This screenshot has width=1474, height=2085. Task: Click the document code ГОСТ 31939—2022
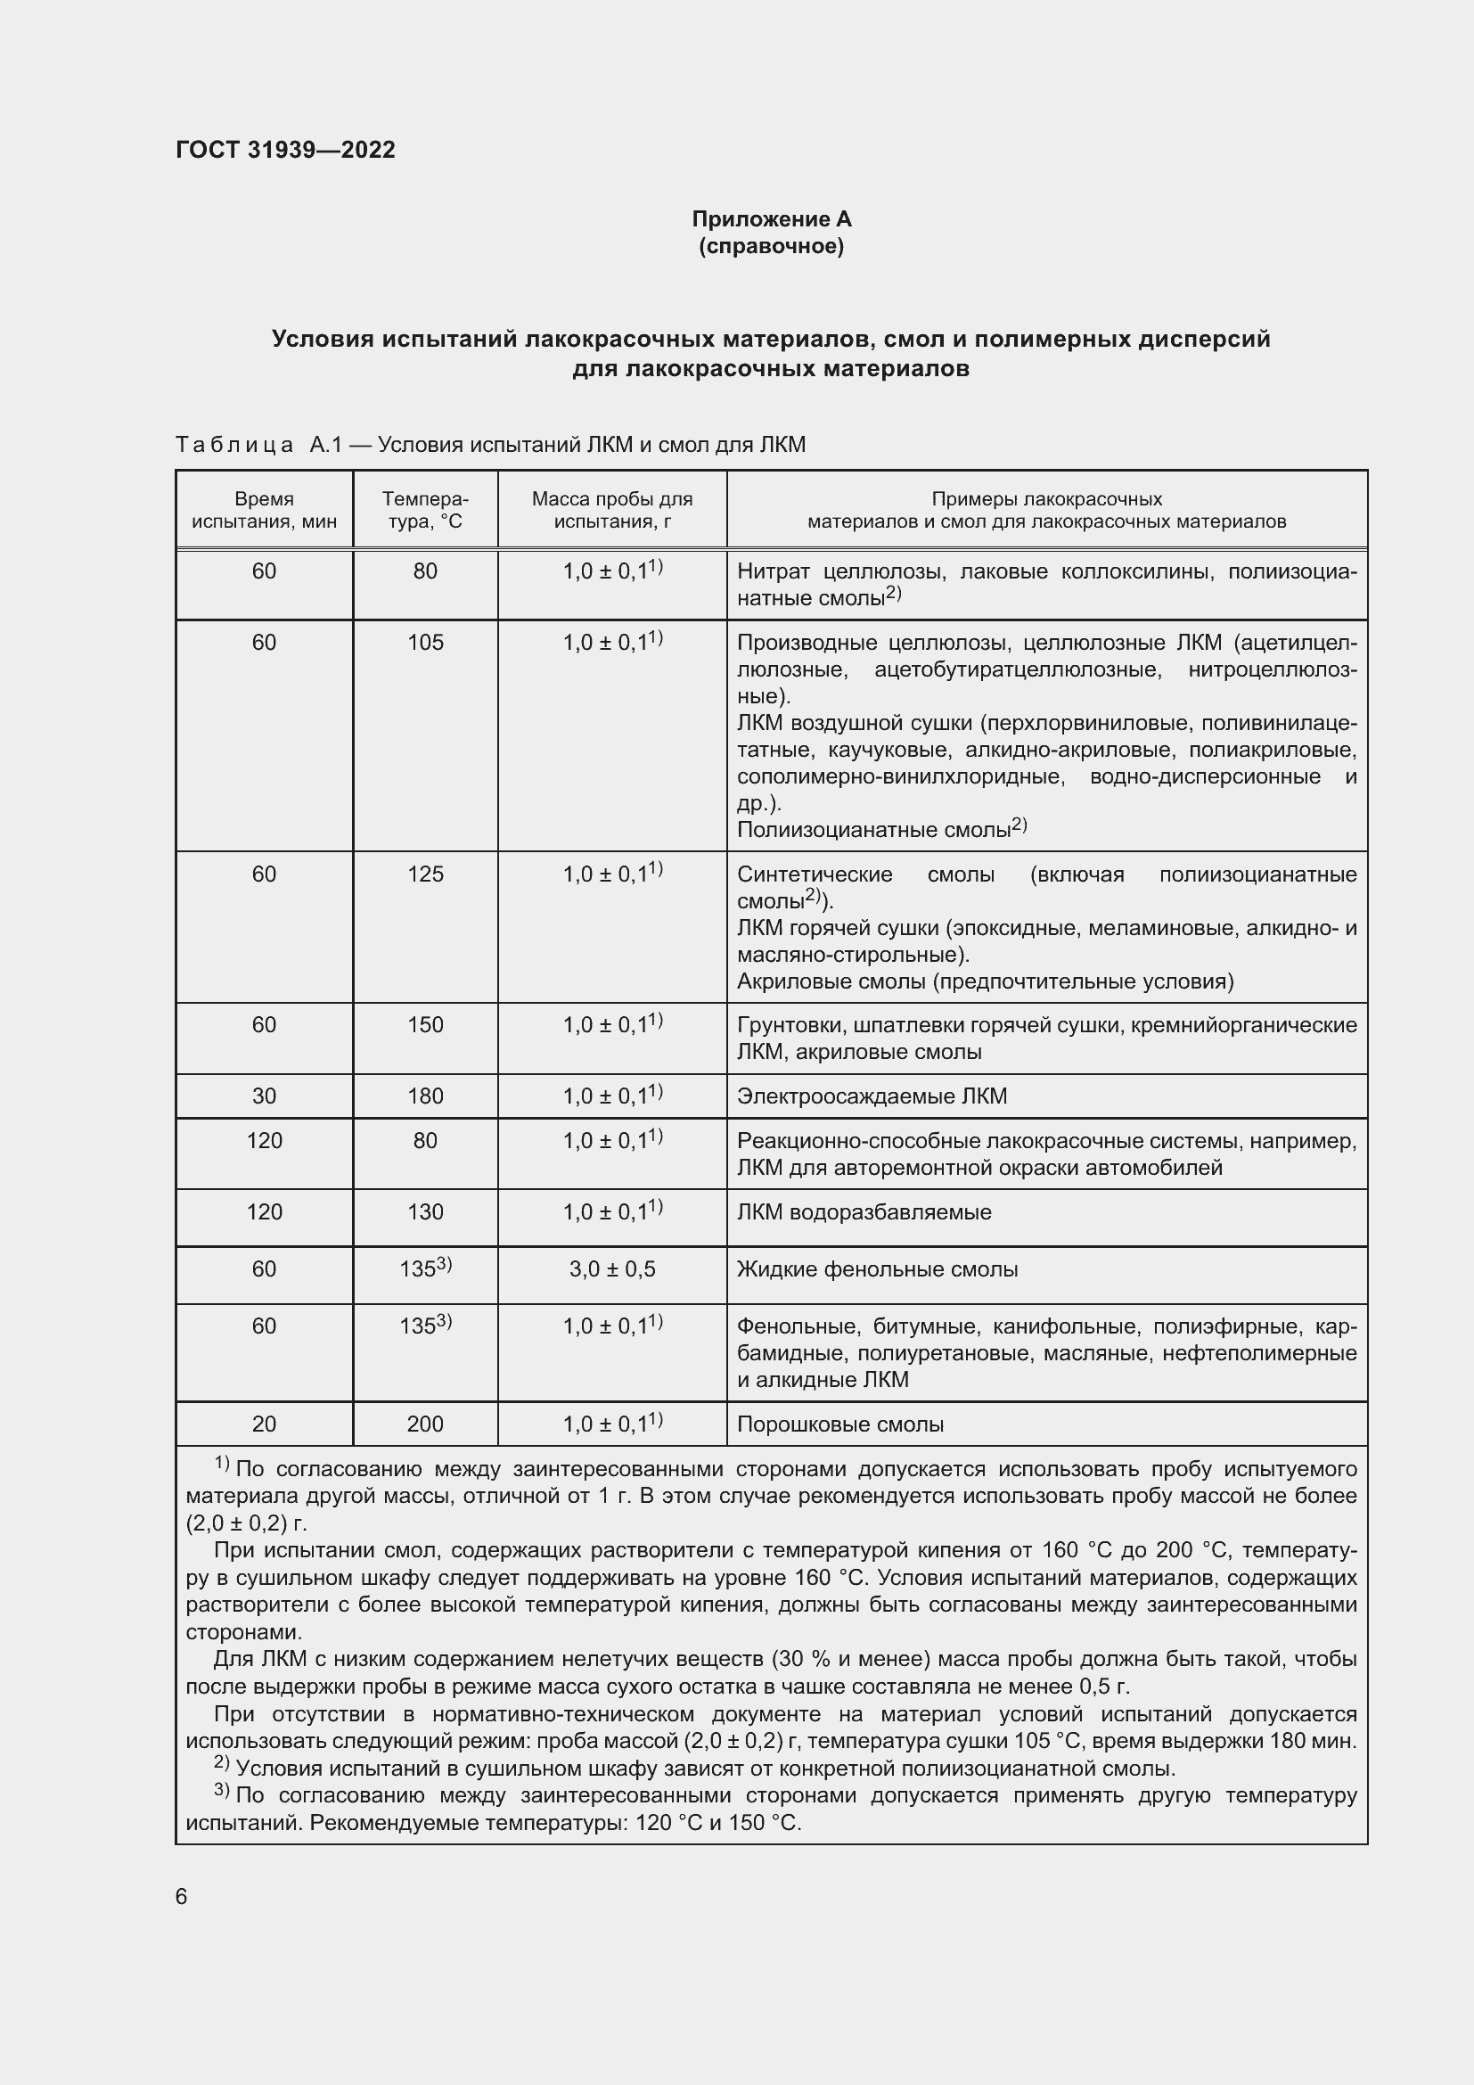pyautogui.click(x=285, y=150)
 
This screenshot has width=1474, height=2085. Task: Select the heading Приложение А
pyautogui.click(x=772, y=219)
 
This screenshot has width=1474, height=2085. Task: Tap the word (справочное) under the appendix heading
pyautogui.click(x=772, y=246)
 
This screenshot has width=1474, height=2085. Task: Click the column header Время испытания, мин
pyautogui.click(x=264, y=511)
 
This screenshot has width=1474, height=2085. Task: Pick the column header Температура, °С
pyautogui.click(x=425, y=511)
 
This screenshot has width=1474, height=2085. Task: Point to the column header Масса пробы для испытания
pyautogui.click(x=611, y=511)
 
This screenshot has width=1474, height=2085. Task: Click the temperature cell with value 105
pyautogui.click(x=425, y=643)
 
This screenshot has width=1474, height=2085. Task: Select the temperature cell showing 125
pyautogui.click(x=425, y=874)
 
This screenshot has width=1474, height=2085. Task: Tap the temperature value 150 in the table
pyautogui.click(x=425, y=1025)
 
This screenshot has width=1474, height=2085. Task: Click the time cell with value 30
pyautogui.click(x=264, y=1096)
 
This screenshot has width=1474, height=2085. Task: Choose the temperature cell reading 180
pyautogui.click(x=425, y=1096)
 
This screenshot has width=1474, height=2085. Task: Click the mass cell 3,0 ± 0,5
pyautogui.click(x=611, y=1269)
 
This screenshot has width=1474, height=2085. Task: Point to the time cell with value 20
pyautogui.click(x=264, y=1424)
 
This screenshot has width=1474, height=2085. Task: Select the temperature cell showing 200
pyautogui.click(x=425, y=1424)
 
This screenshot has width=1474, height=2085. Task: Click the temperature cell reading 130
pyautogui.click(x=425, y=1212)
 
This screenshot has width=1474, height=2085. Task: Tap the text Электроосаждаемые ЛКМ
pyautogui.click(x=872, y=1096)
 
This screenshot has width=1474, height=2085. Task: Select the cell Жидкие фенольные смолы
pyautogui.click(x=877, y=1269)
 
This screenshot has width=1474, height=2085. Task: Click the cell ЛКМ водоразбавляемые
pyautogui.click(x=864, y=1212)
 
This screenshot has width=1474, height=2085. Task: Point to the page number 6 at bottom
pyautogui.click(x=182, y=1896)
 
